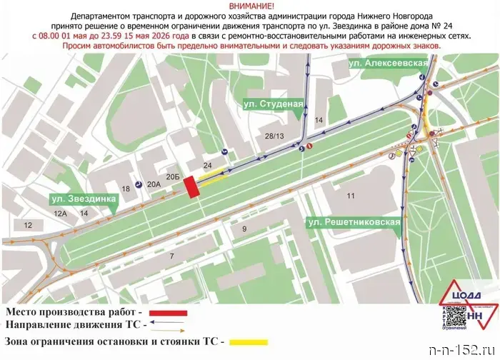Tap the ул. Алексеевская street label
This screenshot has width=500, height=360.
[388, 64]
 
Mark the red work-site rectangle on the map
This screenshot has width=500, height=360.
[191, 187]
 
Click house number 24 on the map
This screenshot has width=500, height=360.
[207, 165]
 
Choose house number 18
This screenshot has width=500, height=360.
[126, 189]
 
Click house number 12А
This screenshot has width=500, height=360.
[59, 213]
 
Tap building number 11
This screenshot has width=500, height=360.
[351, 195]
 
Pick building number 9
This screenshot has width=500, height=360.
[244, 229]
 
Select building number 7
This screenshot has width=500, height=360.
[171, 255]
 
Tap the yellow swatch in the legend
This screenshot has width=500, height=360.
[247, 341]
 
